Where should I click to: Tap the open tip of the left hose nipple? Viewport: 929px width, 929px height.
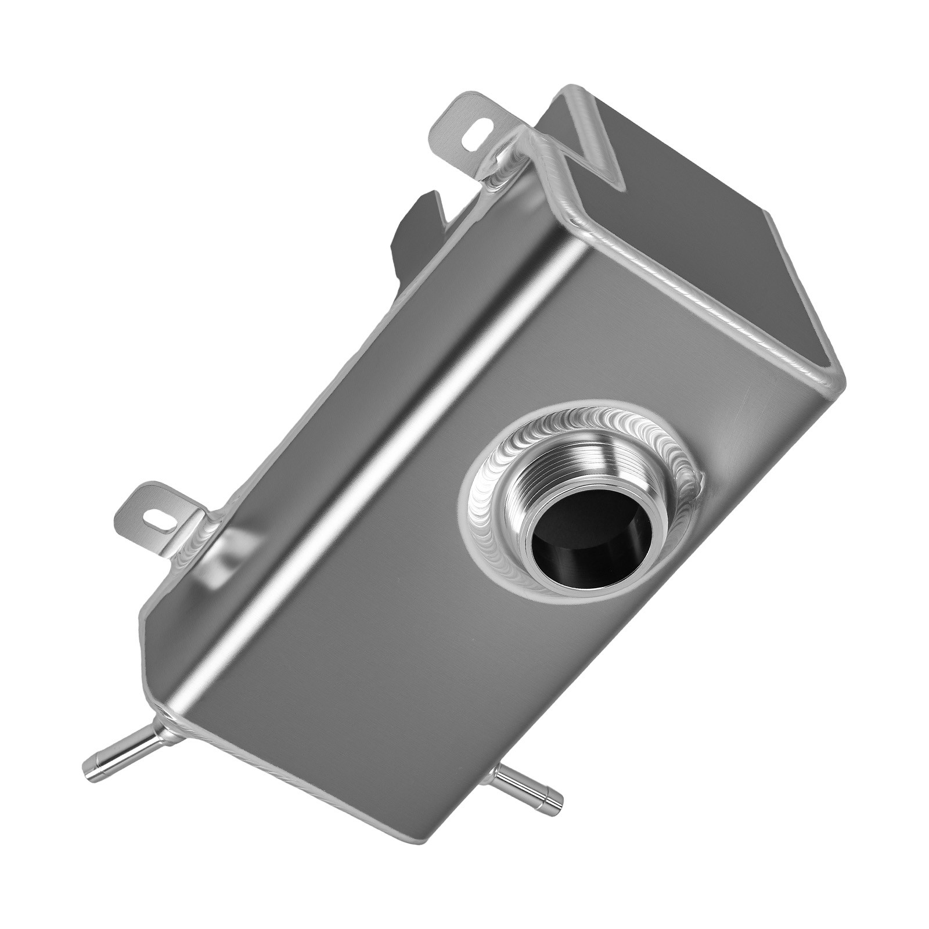[92, 761]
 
